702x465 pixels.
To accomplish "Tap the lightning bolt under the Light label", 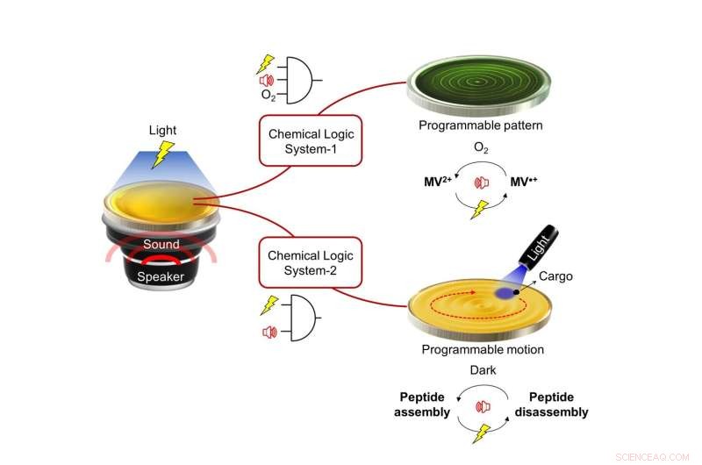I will (x=161, y=155).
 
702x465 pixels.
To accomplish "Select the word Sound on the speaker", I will (x=161, y=244).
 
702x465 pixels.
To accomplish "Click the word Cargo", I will (x=555, y=276).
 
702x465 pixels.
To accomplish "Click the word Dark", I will (x=482, y=370).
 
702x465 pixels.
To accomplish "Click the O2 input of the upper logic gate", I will (x=269, y=94).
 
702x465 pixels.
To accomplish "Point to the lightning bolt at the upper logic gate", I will (x=265, y=63).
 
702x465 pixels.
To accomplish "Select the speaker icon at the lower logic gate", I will (x=270, y=331).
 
